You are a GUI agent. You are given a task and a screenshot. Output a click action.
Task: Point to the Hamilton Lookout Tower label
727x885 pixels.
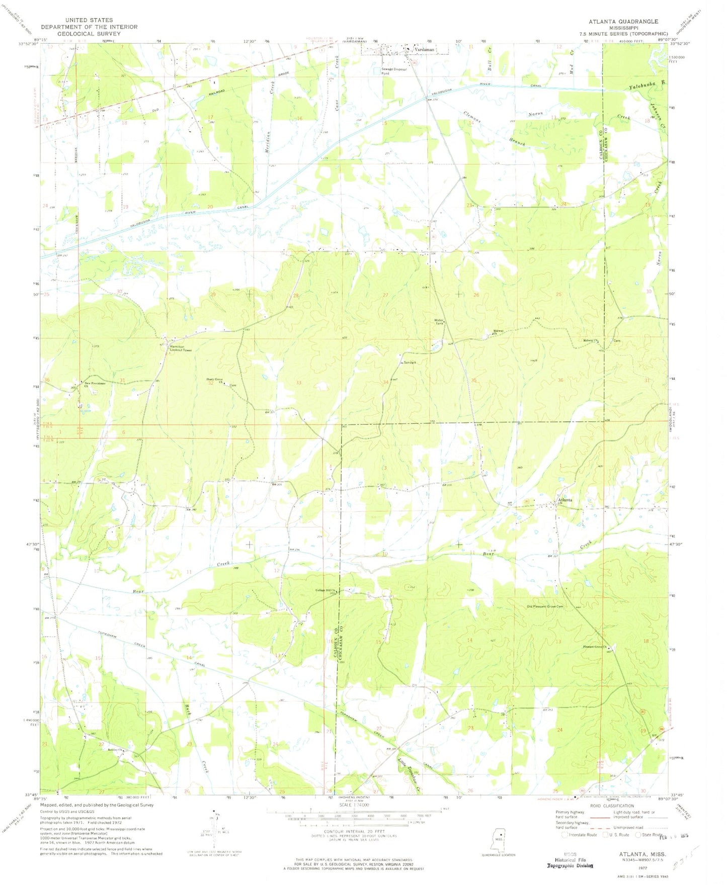(181, 348)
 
